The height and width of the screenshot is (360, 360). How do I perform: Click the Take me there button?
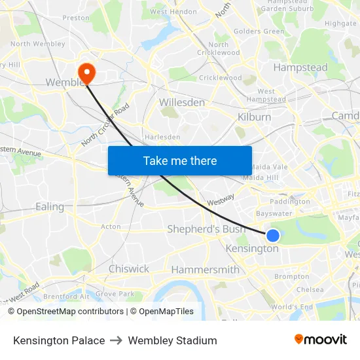(x=180, y=160)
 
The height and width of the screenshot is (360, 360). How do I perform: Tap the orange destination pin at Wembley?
(x=86, y=71)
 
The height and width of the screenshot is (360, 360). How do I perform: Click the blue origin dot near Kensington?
(x=273, y=236)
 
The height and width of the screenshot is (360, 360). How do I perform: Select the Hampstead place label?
(x=300, y=67)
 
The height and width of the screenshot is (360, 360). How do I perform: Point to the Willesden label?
(x=182, y=103)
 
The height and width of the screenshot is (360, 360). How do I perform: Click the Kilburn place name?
(x=254, y=117)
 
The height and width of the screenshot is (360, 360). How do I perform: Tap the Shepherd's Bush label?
(x=206, y=229)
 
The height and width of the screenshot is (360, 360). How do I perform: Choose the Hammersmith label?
(x=205, y=270)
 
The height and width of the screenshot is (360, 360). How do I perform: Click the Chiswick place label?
(x=129, y=269)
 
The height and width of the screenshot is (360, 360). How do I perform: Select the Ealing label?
(x=50, y=207)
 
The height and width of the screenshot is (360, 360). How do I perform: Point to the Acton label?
(x=111, y=226)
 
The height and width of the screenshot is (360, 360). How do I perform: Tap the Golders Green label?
(x=259, y=31)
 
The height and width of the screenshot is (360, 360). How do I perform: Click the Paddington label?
(x=289, y=202)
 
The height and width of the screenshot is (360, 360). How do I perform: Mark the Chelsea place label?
(x=310, y=289)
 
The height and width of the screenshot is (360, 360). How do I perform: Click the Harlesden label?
(x=162, y=137)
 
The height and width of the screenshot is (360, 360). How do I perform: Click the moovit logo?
(x=320, y=340)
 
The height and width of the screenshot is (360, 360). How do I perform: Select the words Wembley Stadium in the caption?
(x=172, y=340)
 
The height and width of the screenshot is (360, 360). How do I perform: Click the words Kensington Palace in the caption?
(x=59, y=340)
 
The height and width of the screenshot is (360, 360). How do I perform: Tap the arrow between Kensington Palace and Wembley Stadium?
(x=117, y=340)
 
